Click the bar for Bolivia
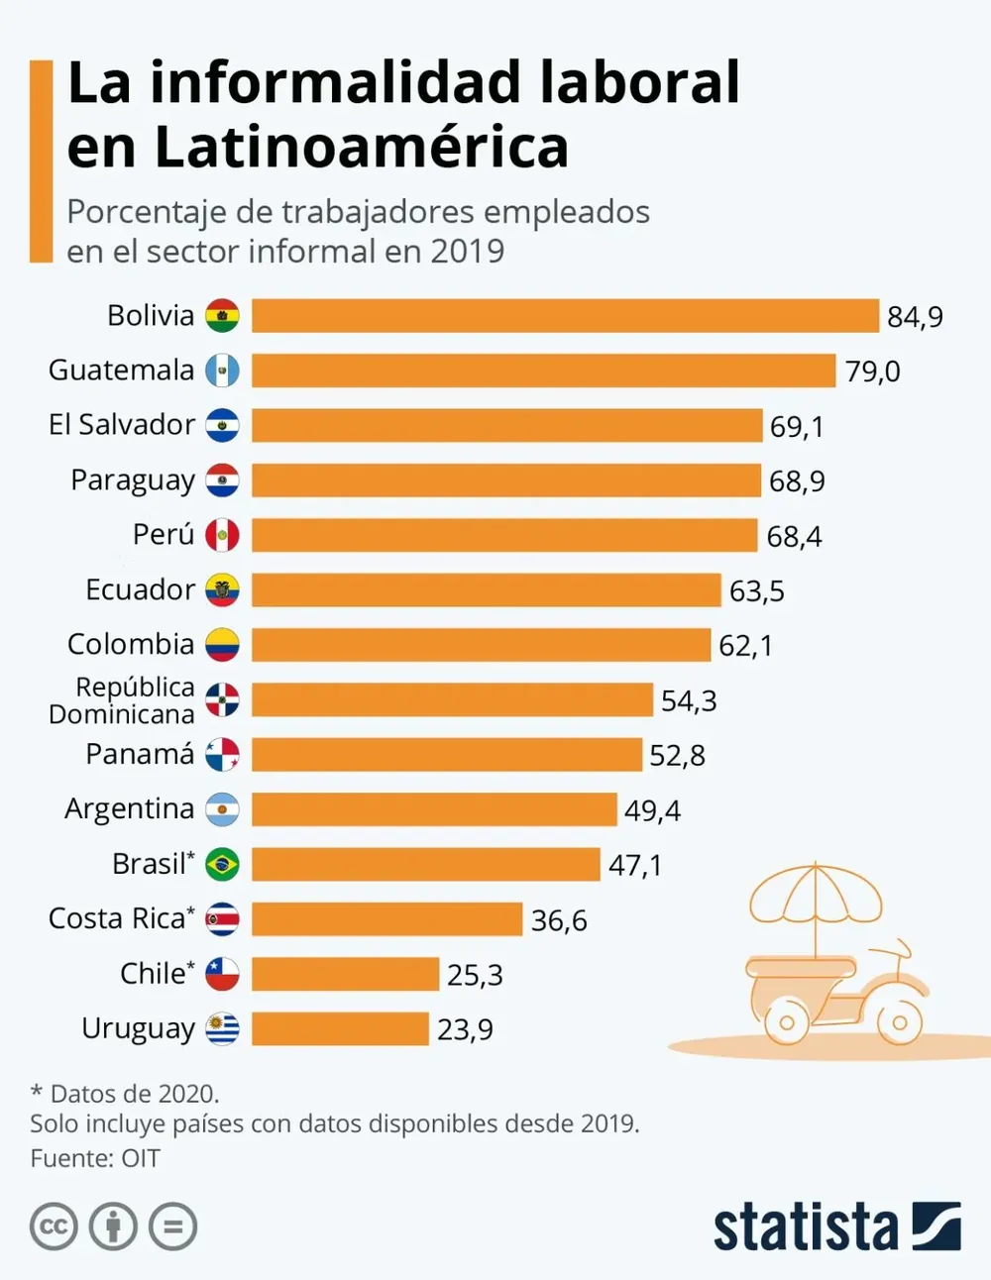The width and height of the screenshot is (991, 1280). click(565, 316)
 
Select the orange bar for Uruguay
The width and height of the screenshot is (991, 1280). click(340, 1028)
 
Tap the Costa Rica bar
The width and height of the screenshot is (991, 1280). click(386, 919)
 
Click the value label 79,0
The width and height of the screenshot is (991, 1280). click(872, 372)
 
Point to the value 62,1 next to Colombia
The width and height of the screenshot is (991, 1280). click(745, 646)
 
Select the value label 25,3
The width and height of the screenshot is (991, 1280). click(475, 975)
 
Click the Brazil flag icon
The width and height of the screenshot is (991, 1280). click(222, 864)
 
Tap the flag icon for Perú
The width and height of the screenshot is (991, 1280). click(222, 535)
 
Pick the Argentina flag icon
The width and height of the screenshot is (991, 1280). click(222, 809)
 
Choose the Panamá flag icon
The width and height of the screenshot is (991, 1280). click(222, 755)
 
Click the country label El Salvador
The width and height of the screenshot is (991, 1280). click(121, 425)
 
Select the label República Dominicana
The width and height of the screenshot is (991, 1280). click(122, 700)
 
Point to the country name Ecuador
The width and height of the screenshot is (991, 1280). click(140, 589)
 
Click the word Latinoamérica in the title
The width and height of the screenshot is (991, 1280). click(361, 147)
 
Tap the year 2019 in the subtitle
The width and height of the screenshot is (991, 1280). click(467, 252)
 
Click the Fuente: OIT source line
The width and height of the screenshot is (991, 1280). click(95, 1158)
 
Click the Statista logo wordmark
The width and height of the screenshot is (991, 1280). click(805, 1227)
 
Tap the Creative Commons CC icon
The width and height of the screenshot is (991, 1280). click(54, 1227)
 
